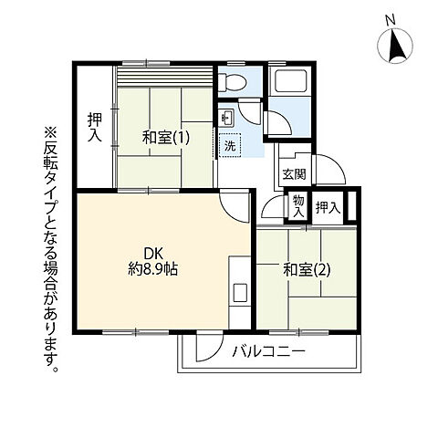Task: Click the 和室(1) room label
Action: pyautogui.click(x=165, y=138)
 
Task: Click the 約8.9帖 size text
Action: pyautogui.click(x=152, y=270)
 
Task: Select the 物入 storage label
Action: pyautogui.click(x=297, y=207)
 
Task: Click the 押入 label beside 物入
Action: pyautogui.click(x=327, y=208)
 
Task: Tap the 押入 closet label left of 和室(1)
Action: pyautogui.click(x=94, y=127)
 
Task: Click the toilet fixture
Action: pyautogui.click(x=237, y=80)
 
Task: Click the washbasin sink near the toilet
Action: pyautogui.click(x=226, y=116)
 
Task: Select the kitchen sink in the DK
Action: pyautogui.click(x=239, y=293)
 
